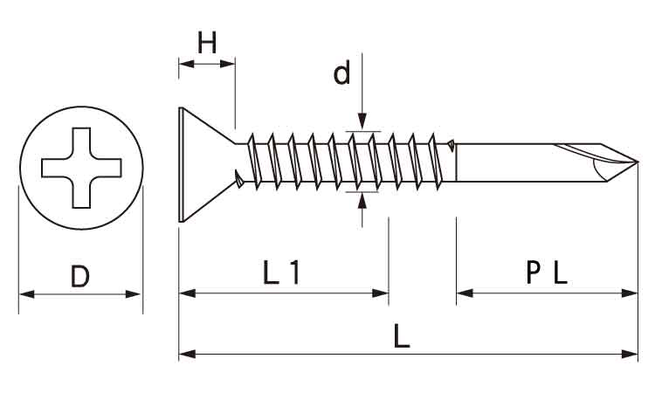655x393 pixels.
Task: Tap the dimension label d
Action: pos(341,74)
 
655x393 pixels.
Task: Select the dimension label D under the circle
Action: pos(79,277)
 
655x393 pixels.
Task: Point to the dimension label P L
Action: pos(548,274)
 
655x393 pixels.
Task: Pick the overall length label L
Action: pos(402,337)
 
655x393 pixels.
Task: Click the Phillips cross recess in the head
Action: pos(79,168)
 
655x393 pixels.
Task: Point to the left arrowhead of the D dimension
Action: pos(24,294)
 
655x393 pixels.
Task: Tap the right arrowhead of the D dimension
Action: pos(135,294)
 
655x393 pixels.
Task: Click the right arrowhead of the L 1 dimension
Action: pos(383,293)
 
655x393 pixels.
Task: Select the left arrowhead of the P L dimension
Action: pos(462,293)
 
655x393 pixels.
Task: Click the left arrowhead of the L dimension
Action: pos(184,354)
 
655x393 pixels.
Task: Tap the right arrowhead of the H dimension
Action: pos(230,63)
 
